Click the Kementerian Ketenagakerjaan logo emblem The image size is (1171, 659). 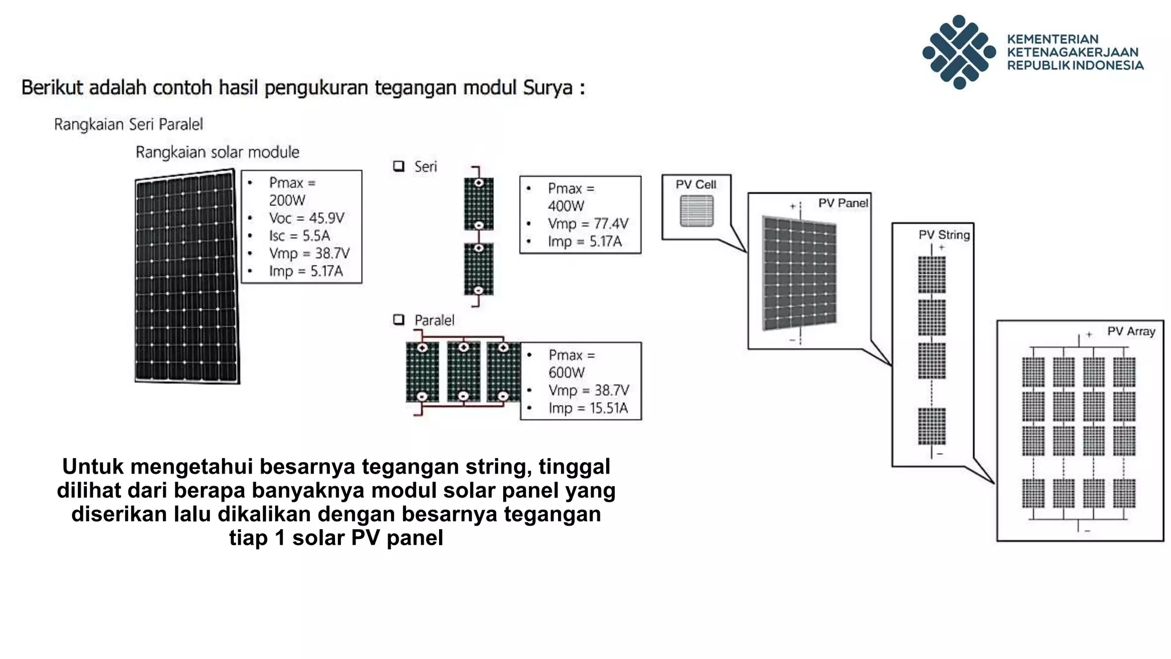point(959,51)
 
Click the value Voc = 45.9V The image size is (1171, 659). point(306,218)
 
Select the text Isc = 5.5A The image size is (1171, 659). point(300,236)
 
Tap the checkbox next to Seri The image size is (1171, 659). point(399,166)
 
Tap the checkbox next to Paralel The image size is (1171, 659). point(399,320)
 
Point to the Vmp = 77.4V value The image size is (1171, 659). point(588,224)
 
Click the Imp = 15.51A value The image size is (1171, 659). point(588,408)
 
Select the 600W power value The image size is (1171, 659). point(566,372)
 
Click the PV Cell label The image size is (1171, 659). point(695,185)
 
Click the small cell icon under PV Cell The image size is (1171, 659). point(696,211)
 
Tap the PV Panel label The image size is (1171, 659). point(842,203)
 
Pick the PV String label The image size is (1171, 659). point(944,235)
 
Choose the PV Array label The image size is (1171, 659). point(1130,331)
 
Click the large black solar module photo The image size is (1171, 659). point(186,277)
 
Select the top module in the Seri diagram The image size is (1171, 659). point(479,204)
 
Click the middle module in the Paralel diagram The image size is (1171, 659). point(463,372)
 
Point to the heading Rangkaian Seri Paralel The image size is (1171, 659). point(129,124)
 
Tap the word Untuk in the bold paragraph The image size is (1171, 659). point(93,466)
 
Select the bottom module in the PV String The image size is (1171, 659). point(931,426)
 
